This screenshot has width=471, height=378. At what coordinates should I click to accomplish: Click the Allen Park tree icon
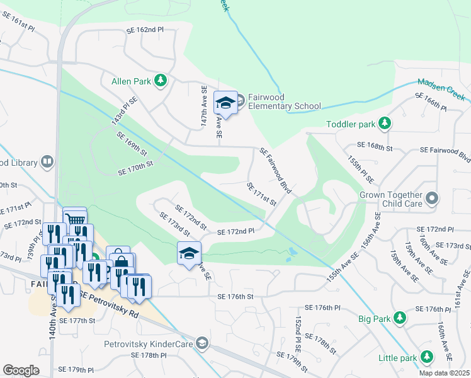[x=161, y=80]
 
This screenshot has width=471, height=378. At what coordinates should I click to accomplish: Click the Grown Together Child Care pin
[x=431, y=199]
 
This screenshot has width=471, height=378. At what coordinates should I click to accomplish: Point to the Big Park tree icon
[x=399, y=317]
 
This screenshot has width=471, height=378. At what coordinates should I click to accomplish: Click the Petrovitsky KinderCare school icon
[x=201, y=343]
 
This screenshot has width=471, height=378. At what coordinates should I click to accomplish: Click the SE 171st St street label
[x=262, y=194]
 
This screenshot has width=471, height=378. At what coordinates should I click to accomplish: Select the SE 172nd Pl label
[x=235, y=232]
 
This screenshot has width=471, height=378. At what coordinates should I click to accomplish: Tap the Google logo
[x=21, y=370]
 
